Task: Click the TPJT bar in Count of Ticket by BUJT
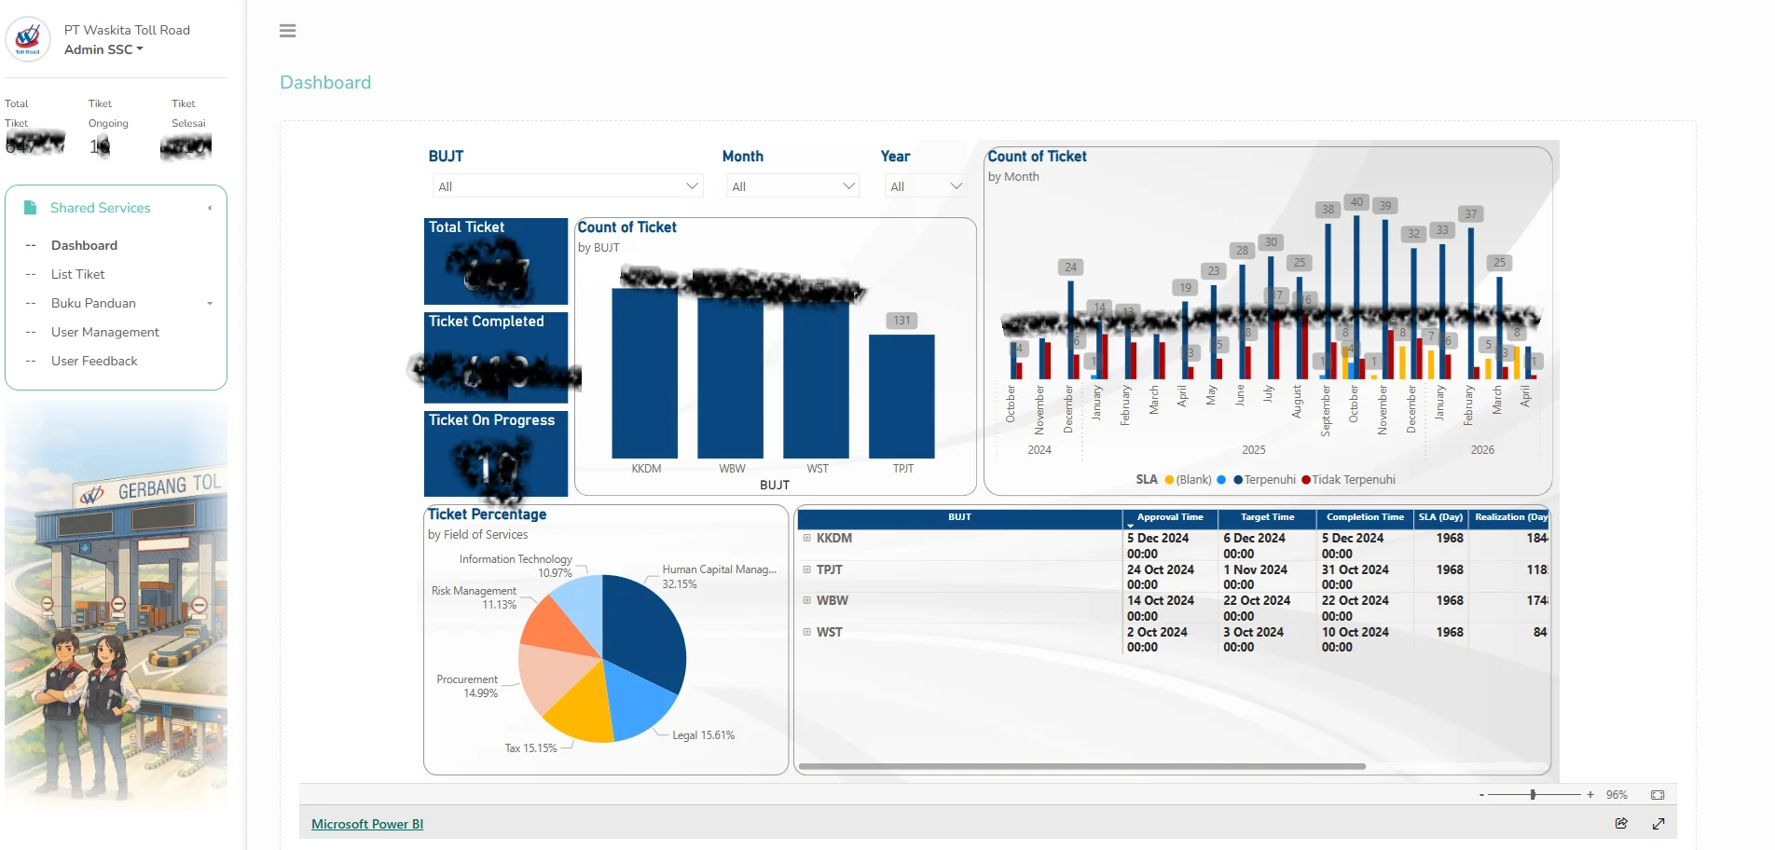pyautogui.click(x=901, y=396)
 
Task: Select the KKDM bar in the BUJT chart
pyautogui.click(x=644, y=373)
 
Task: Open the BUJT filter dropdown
pyautogui.click(x=568, y=186)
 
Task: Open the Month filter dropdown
pyautogui.click(x=792, y=186)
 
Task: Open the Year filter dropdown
pyautogui.click(x=925, y=186)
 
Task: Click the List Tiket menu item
pyautogui.click(x=78, y=274)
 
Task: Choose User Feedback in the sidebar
pyautogui.click(x=94, y=361)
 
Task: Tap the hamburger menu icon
pyautogui.click(x=288, y=31)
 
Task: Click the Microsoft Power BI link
pyautogui.click(x=367, y=824)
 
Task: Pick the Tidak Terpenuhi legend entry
pyautogui.click(x=1353, y=480)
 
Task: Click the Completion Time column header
pyautogui.click(x=1365, y=517)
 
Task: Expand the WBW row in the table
pyautogui.click(x=807, y=601)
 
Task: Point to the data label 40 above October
pyautogui.click(x=1356, y=202)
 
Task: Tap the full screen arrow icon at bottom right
pyautogui.click(x=1658, y=824)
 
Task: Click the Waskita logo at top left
pyautogui.click(x=28, y=39)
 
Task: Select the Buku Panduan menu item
pyautogui.click(x=93, y=303)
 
